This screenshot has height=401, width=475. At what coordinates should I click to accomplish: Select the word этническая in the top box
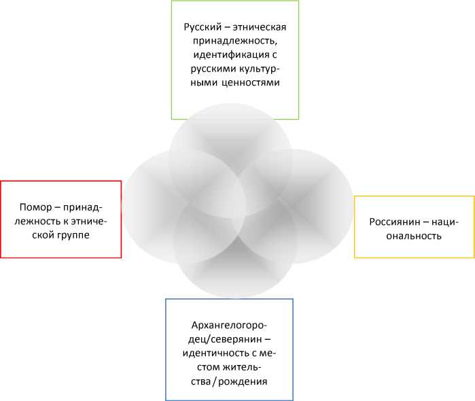pyautogui.click(x=258, y=27)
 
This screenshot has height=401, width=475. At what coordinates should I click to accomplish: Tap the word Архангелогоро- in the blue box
pyautogui.click(x=230, y=326)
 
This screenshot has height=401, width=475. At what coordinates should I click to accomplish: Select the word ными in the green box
pyautogui.click(x=198, y=82)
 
